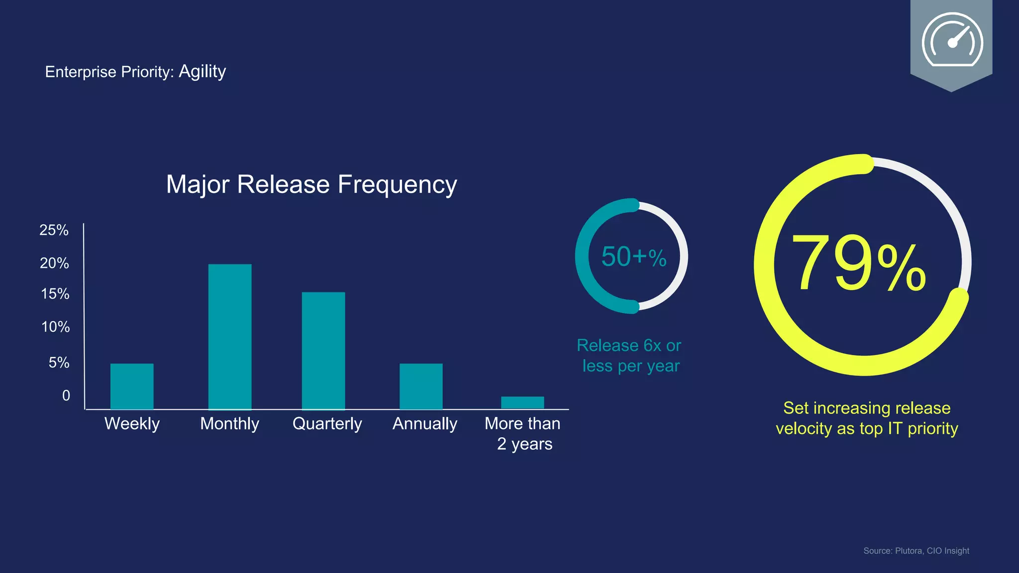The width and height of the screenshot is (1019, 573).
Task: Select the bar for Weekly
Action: [132, 386]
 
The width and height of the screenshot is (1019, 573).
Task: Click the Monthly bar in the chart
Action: [230, 337]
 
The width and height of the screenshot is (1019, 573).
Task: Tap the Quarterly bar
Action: [323, 351]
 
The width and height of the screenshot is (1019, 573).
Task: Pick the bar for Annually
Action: [421, 386]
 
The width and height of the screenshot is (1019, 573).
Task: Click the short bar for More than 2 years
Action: [522, 402]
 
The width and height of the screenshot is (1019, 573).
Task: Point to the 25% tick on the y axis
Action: [54, 230]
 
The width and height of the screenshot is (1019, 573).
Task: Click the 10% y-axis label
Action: [55, 327]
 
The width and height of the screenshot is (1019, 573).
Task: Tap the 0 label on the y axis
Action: [66, 395]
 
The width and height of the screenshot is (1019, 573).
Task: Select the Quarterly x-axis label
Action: [327, 424]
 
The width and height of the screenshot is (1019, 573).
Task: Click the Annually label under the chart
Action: [424, 424]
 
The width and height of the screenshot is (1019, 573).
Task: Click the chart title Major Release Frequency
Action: [311, 185]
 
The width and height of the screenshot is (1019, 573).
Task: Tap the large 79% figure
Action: [859, 264]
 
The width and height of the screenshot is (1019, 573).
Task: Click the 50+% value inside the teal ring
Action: [633, 257]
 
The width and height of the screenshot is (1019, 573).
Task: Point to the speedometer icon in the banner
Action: [952, 40]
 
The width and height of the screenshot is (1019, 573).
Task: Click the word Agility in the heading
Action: [202, 72]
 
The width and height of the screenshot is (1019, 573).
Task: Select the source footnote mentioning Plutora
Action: [916, 551]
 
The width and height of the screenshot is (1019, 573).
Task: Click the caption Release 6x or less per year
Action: [629, 356]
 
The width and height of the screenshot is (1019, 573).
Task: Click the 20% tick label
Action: [54, 263]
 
